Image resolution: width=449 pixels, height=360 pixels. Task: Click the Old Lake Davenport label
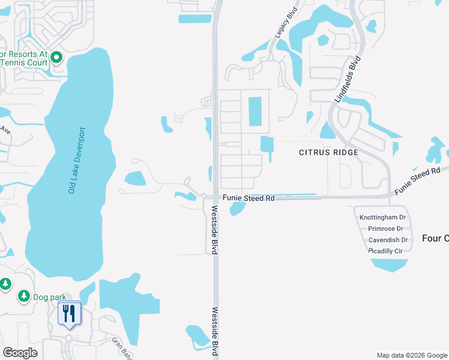77,160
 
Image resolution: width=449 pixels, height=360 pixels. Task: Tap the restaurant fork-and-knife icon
69,313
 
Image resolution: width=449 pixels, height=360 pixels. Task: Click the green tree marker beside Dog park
24,296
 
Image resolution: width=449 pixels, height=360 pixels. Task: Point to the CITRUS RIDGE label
328,152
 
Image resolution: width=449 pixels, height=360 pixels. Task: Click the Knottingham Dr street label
383,217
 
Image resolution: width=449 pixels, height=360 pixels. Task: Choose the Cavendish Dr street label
388,240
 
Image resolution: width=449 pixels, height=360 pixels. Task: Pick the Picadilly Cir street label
385,251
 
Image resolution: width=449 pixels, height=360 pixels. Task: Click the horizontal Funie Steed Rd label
249,197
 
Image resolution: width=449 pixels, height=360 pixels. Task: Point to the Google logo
20,353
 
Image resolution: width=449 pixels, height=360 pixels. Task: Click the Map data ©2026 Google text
411,355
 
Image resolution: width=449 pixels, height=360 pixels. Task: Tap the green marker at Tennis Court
57,58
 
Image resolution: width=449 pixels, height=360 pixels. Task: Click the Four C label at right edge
435,238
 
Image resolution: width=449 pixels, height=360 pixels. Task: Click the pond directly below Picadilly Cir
390,264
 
